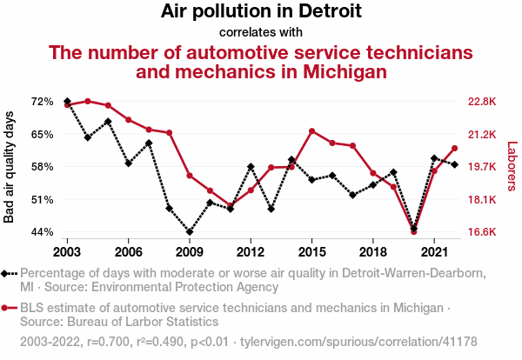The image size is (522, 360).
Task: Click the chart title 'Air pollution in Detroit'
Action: click(x=261, y=12)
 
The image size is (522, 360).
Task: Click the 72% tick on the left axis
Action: click(x=42, y=102)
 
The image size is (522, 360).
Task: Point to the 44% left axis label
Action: click(x=42, y=232)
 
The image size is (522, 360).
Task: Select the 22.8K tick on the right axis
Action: click(x=481, y=102)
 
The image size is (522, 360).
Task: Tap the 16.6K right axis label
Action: click(x=481, y=232)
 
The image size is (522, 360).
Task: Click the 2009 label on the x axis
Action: click(x=190, y=251)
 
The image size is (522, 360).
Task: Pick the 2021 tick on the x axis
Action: click(x=434, y=251)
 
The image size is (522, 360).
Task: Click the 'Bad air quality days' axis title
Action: click(x=10, y=167)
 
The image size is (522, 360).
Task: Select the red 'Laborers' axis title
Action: click(x=512, y=167)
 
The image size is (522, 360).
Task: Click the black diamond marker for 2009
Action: click(x=190, y=232)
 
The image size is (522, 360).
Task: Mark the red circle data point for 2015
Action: click(x=311, y=131)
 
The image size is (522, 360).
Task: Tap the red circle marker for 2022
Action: click(x=454, y=148)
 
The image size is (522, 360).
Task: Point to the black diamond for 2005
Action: click(x=108, y=122)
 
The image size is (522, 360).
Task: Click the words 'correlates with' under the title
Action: click(x=261, y=32)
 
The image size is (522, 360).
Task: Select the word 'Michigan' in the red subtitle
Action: click(x=335, y=71)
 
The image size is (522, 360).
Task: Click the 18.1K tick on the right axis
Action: click(x=481, y=200)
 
